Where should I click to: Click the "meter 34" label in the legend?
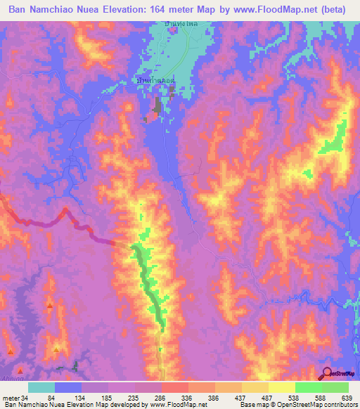pos(16,398)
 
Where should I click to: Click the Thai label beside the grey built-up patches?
pos(155,82)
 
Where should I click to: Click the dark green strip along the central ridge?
pos(149,281)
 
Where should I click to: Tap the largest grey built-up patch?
pos(156,106)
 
